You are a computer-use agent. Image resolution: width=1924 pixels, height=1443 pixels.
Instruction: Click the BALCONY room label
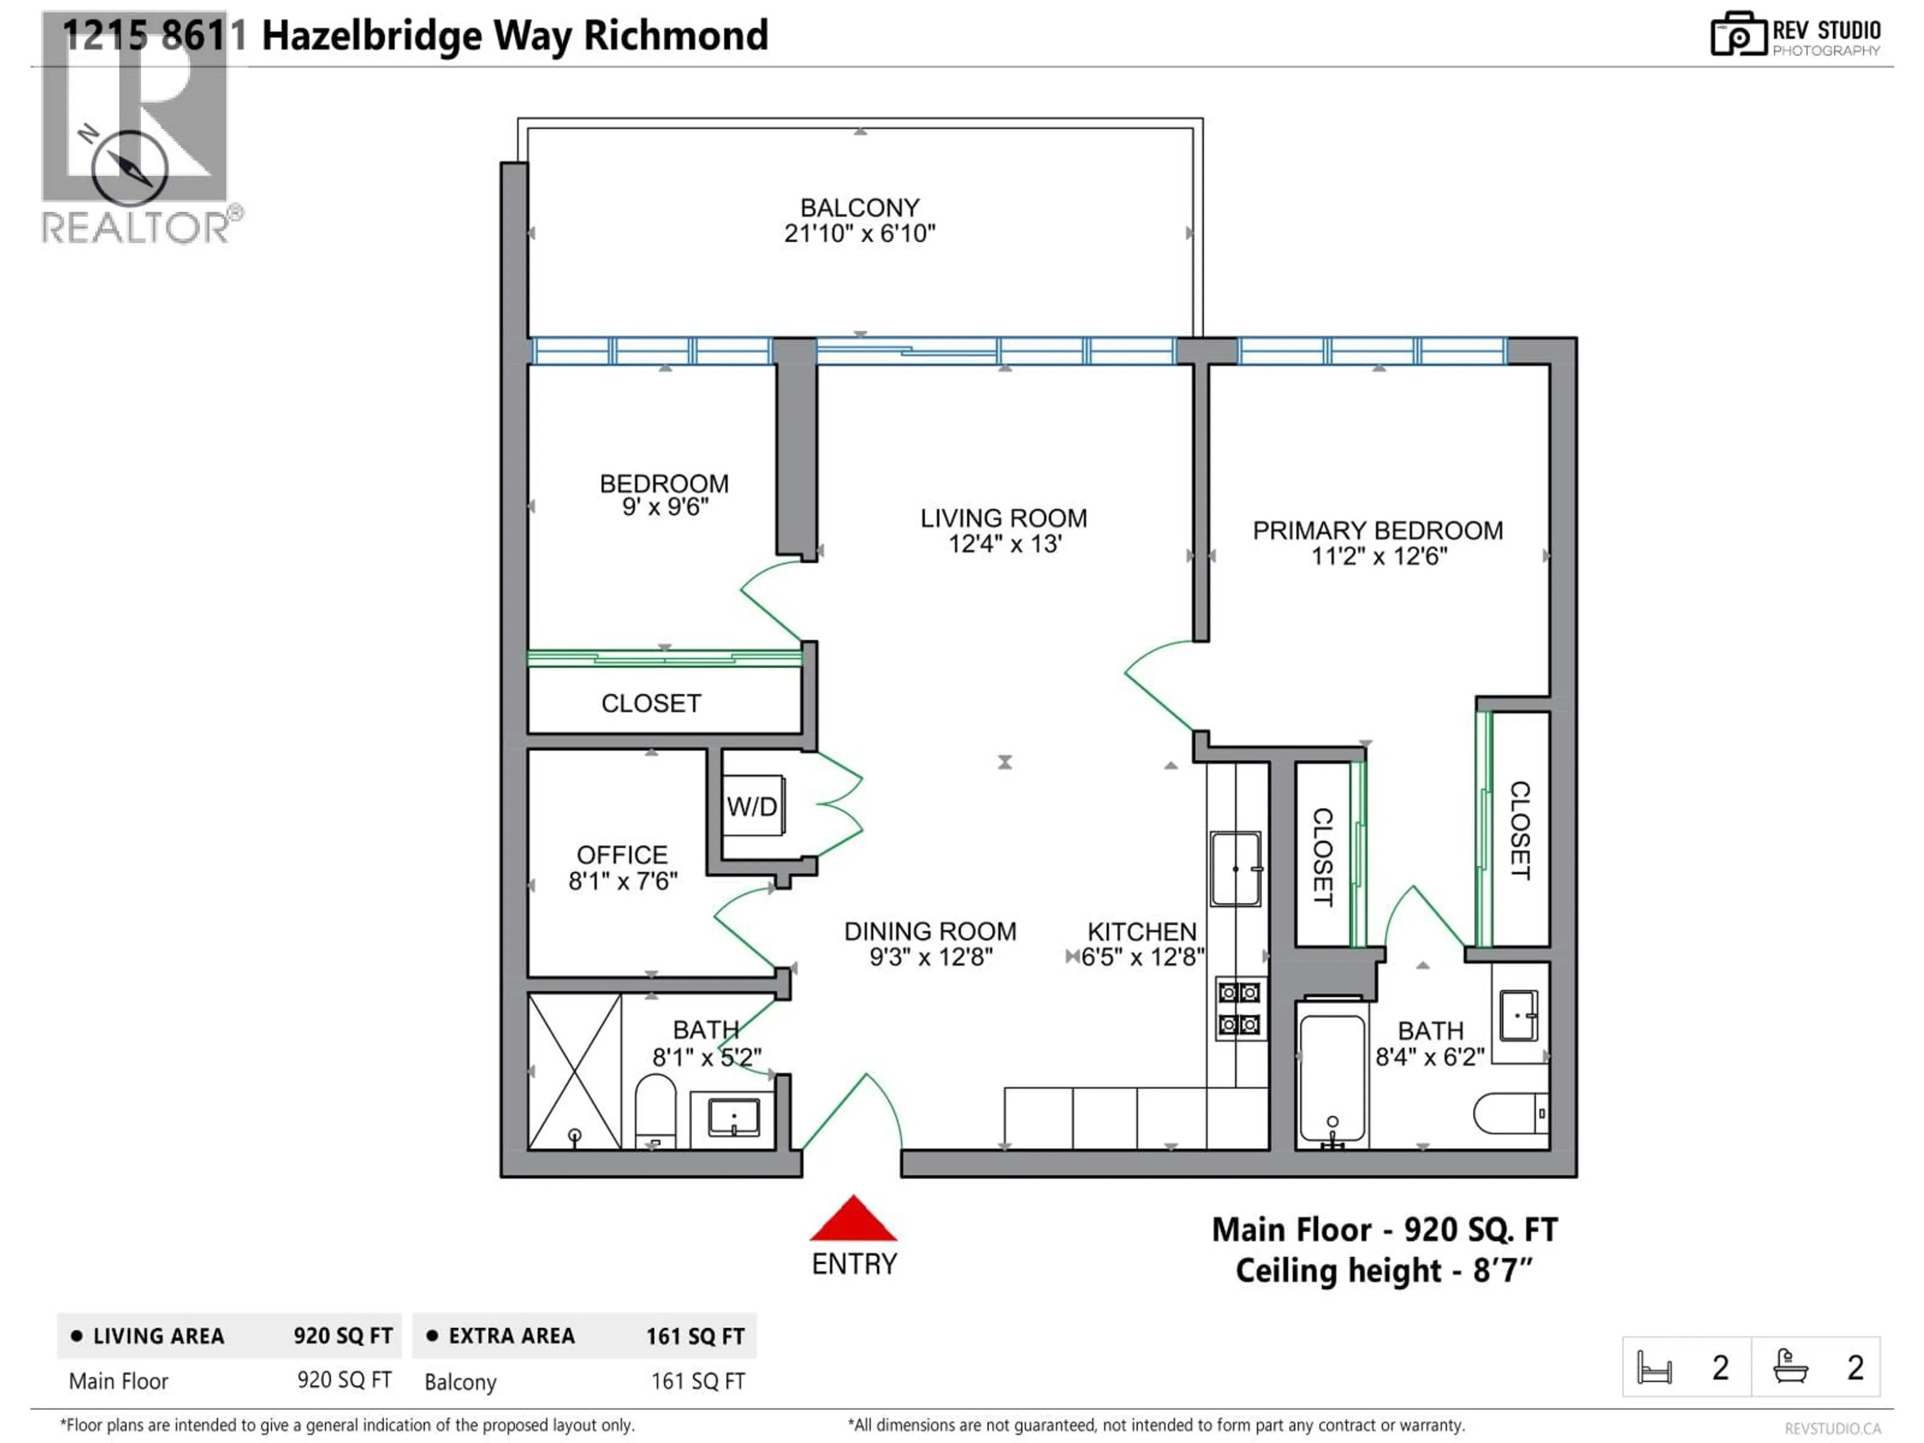tap(859, 208)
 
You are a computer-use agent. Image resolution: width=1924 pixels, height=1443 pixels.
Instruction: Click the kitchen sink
tap(1235, 869)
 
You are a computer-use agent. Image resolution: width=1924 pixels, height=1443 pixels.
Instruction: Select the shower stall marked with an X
tap(574, 1072)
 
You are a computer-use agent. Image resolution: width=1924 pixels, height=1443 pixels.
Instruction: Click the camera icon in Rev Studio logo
tap(1738, 35)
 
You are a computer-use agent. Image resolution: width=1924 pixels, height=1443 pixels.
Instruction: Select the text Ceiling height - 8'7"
tap(1383, 1271)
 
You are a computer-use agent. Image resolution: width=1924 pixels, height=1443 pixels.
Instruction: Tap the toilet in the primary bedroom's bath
tap(1511, 1113)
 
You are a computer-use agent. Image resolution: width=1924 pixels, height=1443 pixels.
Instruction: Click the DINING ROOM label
tap(930, 931)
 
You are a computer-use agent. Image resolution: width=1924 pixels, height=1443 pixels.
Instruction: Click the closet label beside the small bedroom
tap(651, 703)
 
